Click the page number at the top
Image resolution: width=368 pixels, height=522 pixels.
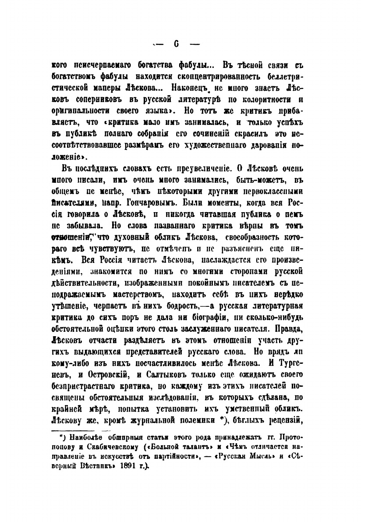(174, 44)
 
